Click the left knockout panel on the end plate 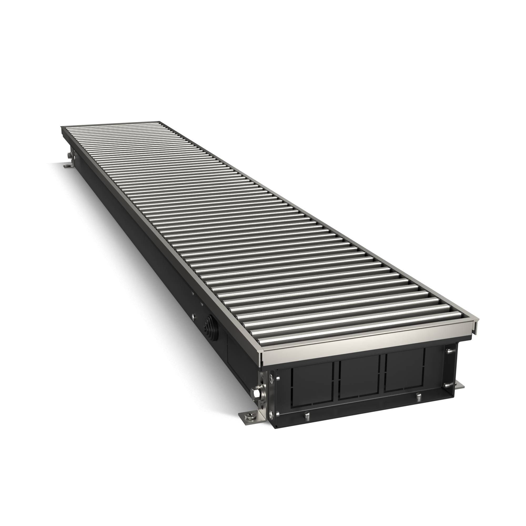(312, 384)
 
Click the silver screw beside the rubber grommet (193, 316)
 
